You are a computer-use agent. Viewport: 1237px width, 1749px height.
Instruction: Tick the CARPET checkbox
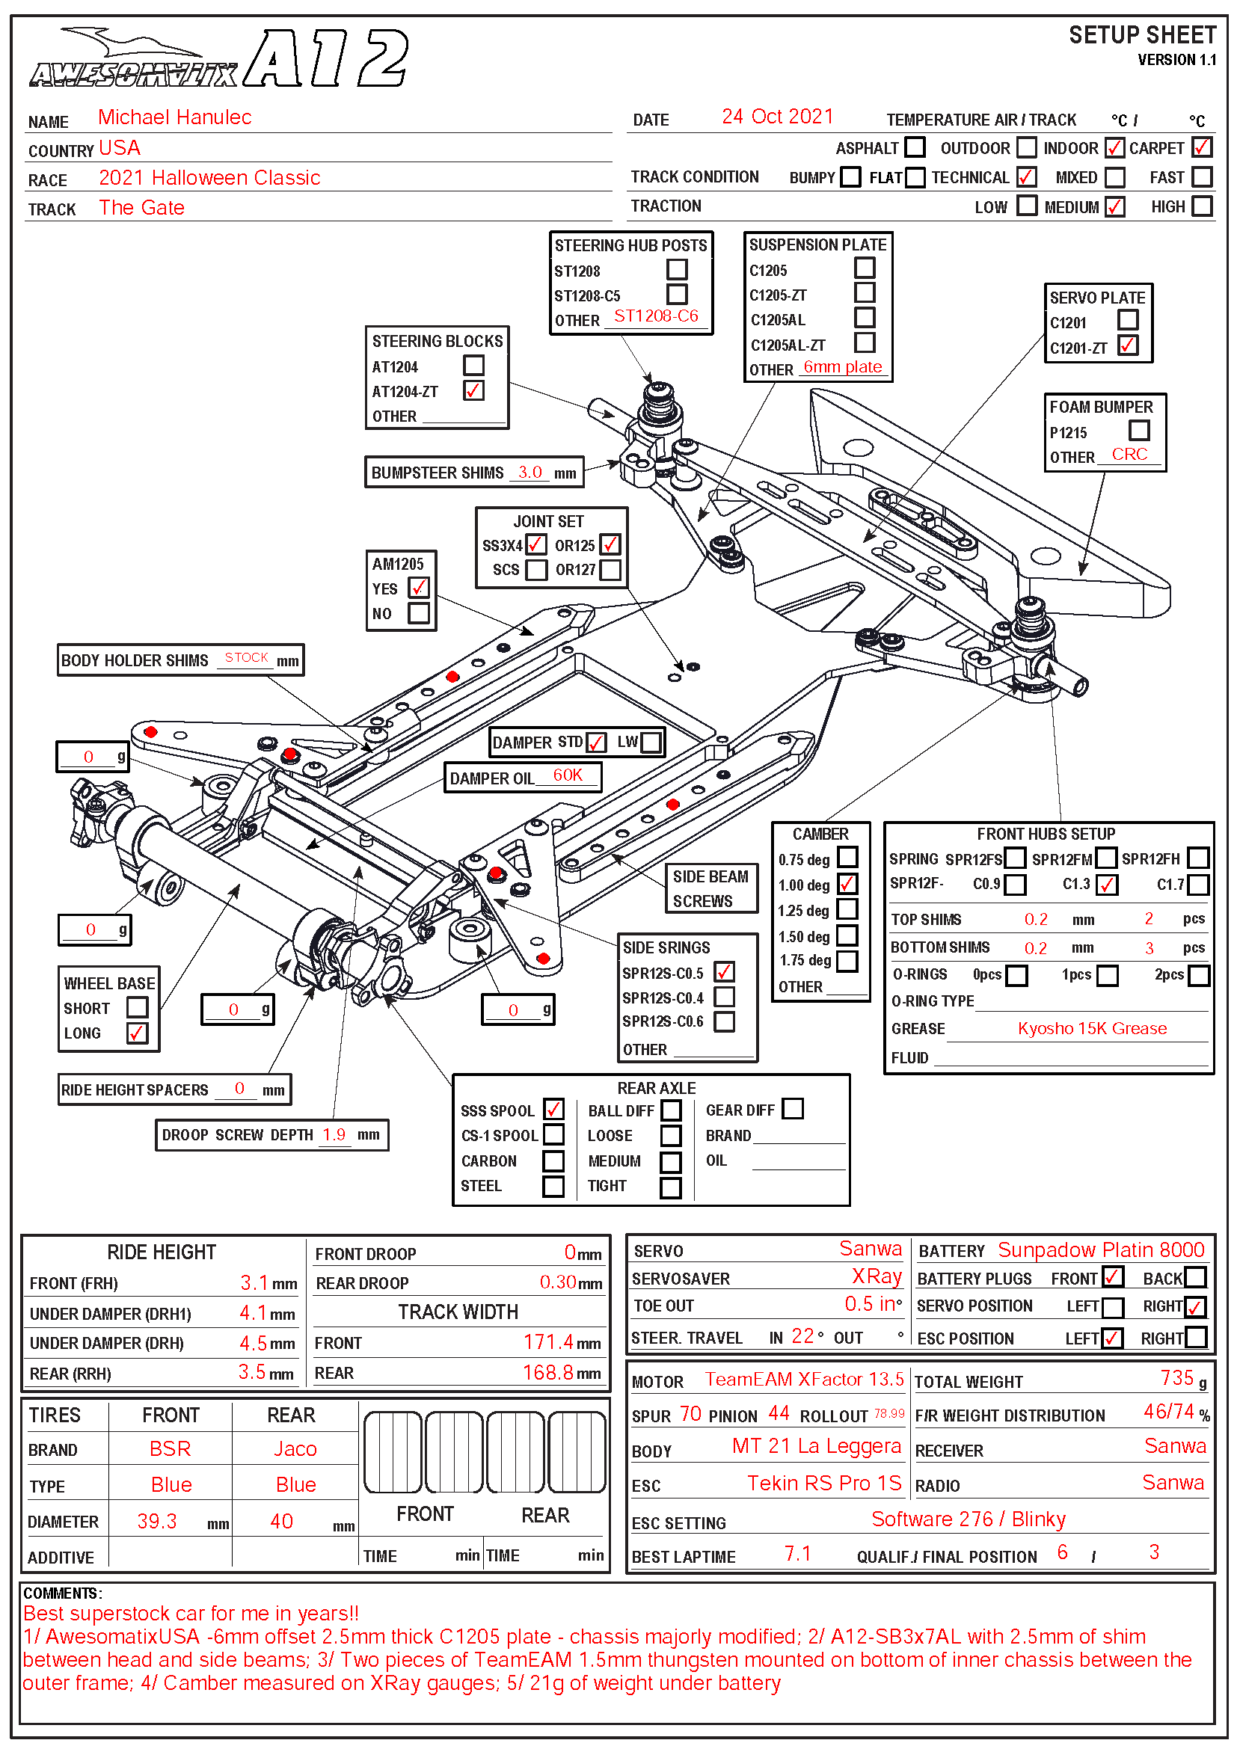pos(1201,147)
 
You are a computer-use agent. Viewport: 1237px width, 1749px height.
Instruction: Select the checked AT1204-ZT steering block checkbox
pos(473,390)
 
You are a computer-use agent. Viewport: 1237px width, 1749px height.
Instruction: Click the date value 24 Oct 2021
pos(777,117)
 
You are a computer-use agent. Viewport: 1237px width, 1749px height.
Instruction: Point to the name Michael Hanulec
pos(174,117)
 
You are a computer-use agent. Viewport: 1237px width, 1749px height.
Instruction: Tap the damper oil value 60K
pos(568,775)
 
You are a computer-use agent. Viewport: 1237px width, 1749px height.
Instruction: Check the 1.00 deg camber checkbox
pos(847,884)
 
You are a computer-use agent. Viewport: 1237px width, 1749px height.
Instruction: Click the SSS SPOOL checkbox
pos(553,1109)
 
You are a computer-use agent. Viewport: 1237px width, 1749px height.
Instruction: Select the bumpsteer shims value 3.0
pos(530,472)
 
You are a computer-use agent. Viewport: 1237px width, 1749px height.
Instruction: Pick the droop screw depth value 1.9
pos(334,1134)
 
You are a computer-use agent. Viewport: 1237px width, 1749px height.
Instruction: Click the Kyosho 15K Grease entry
pos(1091,1028)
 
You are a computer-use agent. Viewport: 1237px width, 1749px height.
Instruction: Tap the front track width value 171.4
pos(548,1341)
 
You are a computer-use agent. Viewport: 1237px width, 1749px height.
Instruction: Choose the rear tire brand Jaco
pos(295,1449)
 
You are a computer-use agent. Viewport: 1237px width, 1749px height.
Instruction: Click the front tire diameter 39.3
pos(157,1521)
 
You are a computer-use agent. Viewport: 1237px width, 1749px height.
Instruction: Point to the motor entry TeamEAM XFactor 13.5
pos(803,1380)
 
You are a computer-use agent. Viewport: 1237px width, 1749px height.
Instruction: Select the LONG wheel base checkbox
pos(137,1033)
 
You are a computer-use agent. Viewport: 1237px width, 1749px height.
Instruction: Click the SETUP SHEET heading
pos(1142,35)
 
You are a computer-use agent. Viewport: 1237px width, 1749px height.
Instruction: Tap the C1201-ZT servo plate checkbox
pos(1127,346)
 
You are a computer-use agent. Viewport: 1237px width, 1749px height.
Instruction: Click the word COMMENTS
pos(61,1593)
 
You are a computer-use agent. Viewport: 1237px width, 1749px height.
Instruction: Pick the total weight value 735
pos(1177,1378)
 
